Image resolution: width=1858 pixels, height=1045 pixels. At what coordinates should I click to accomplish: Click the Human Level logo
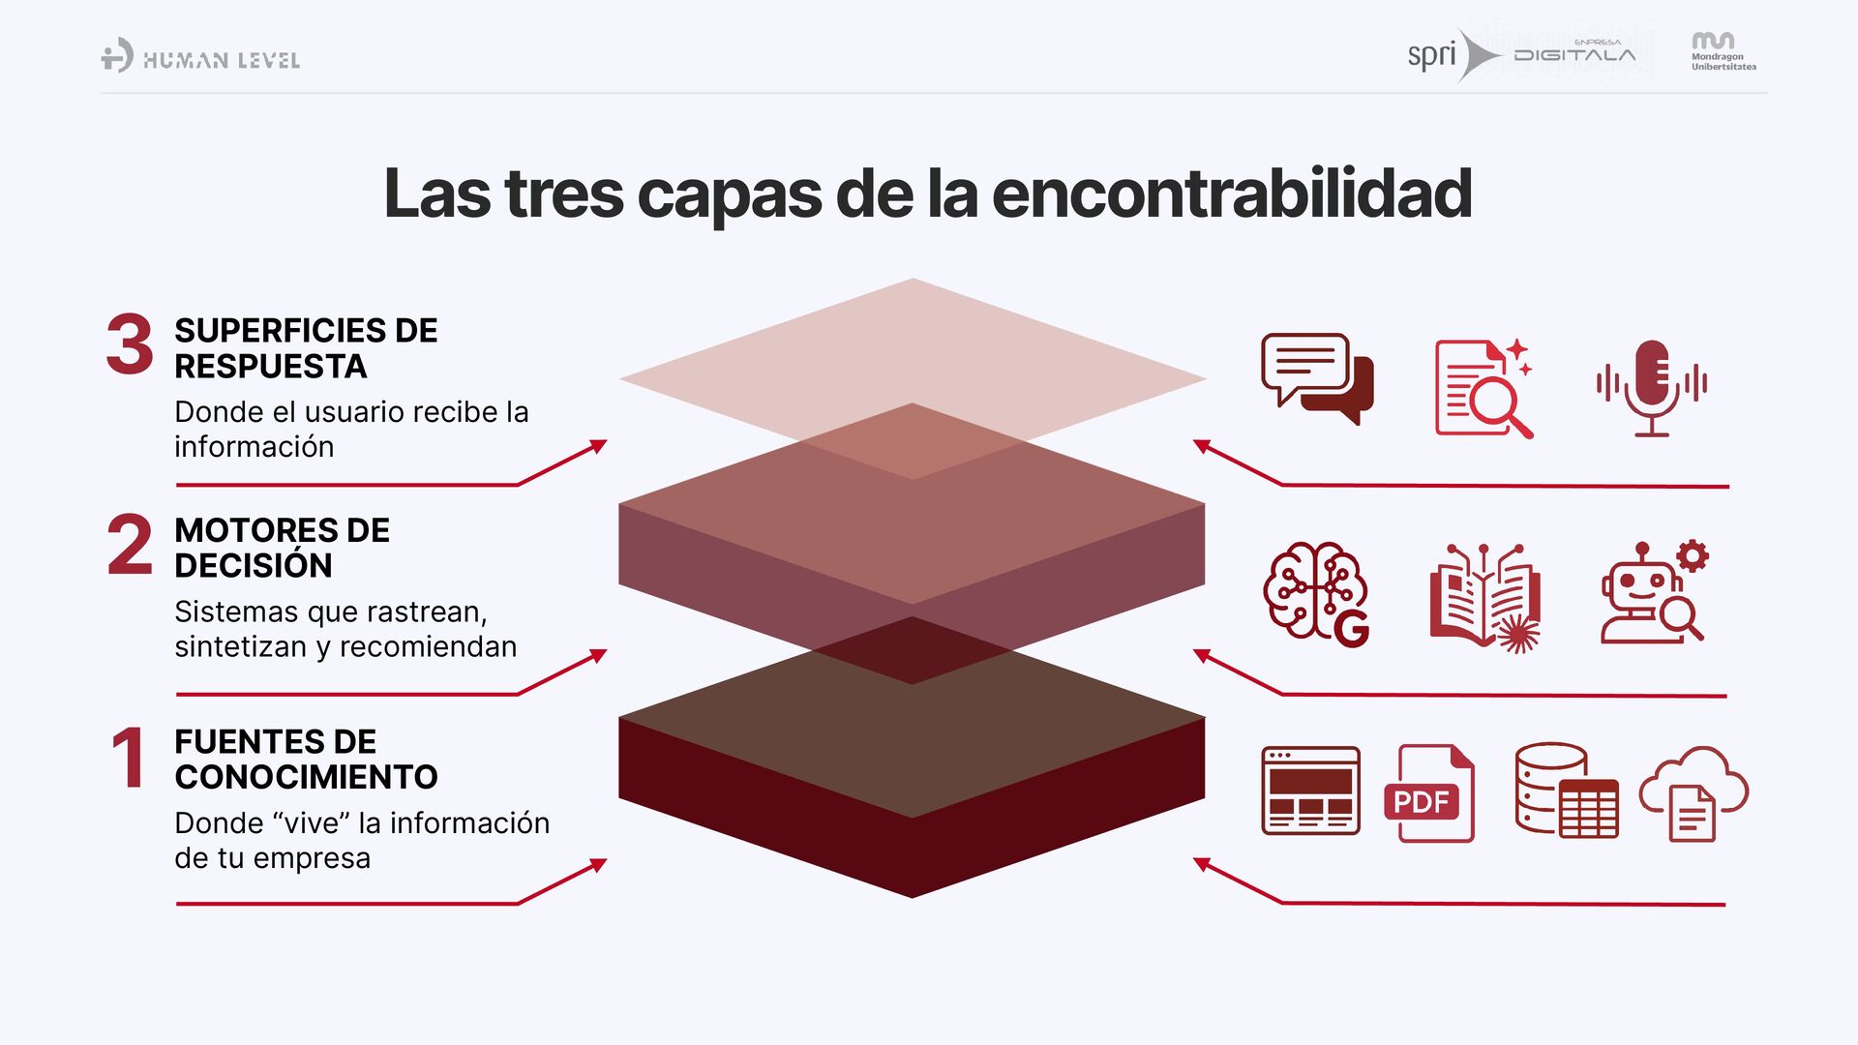[200, 57]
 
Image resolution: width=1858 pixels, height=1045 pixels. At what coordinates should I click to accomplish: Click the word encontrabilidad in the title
[1231, 194]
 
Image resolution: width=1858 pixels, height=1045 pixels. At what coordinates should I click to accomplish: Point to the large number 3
[130, 344]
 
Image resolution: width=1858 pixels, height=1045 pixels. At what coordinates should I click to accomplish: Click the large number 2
[130, 545]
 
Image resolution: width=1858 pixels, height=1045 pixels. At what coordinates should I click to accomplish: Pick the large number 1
[129, 758]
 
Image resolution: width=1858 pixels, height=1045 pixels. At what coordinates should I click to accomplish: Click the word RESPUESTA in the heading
[271, 367]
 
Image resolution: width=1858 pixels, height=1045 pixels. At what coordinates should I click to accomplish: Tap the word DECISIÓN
[254, 566]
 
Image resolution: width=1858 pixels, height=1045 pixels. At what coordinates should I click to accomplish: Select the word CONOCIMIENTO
[306, 777]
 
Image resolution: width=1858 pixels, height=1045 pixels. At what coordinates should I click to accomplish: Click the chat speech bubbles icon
[1317, 378]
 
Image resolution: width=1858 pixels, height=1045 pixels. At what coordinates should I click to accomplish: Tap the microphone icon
[1652, 387]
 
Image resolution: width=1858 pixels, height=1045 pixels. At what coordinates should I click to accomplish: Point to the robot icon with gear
[1654, 592]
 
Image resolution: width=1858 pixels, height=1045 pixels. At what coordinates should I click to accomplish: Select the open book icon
[1484, 596]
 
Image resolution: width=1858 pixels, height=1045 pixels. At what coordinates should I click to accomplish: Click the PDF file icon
[1429, 793]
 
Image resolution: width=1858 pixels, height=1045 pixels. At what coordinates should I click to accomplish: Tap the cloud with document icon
[1693, 793]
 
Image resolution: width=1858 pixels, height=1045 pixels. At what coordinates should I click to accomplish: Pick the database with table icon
[1565, 791]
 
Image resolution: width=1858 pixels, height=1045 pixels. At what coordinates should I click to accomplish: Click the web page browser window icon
[1310, 791]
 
